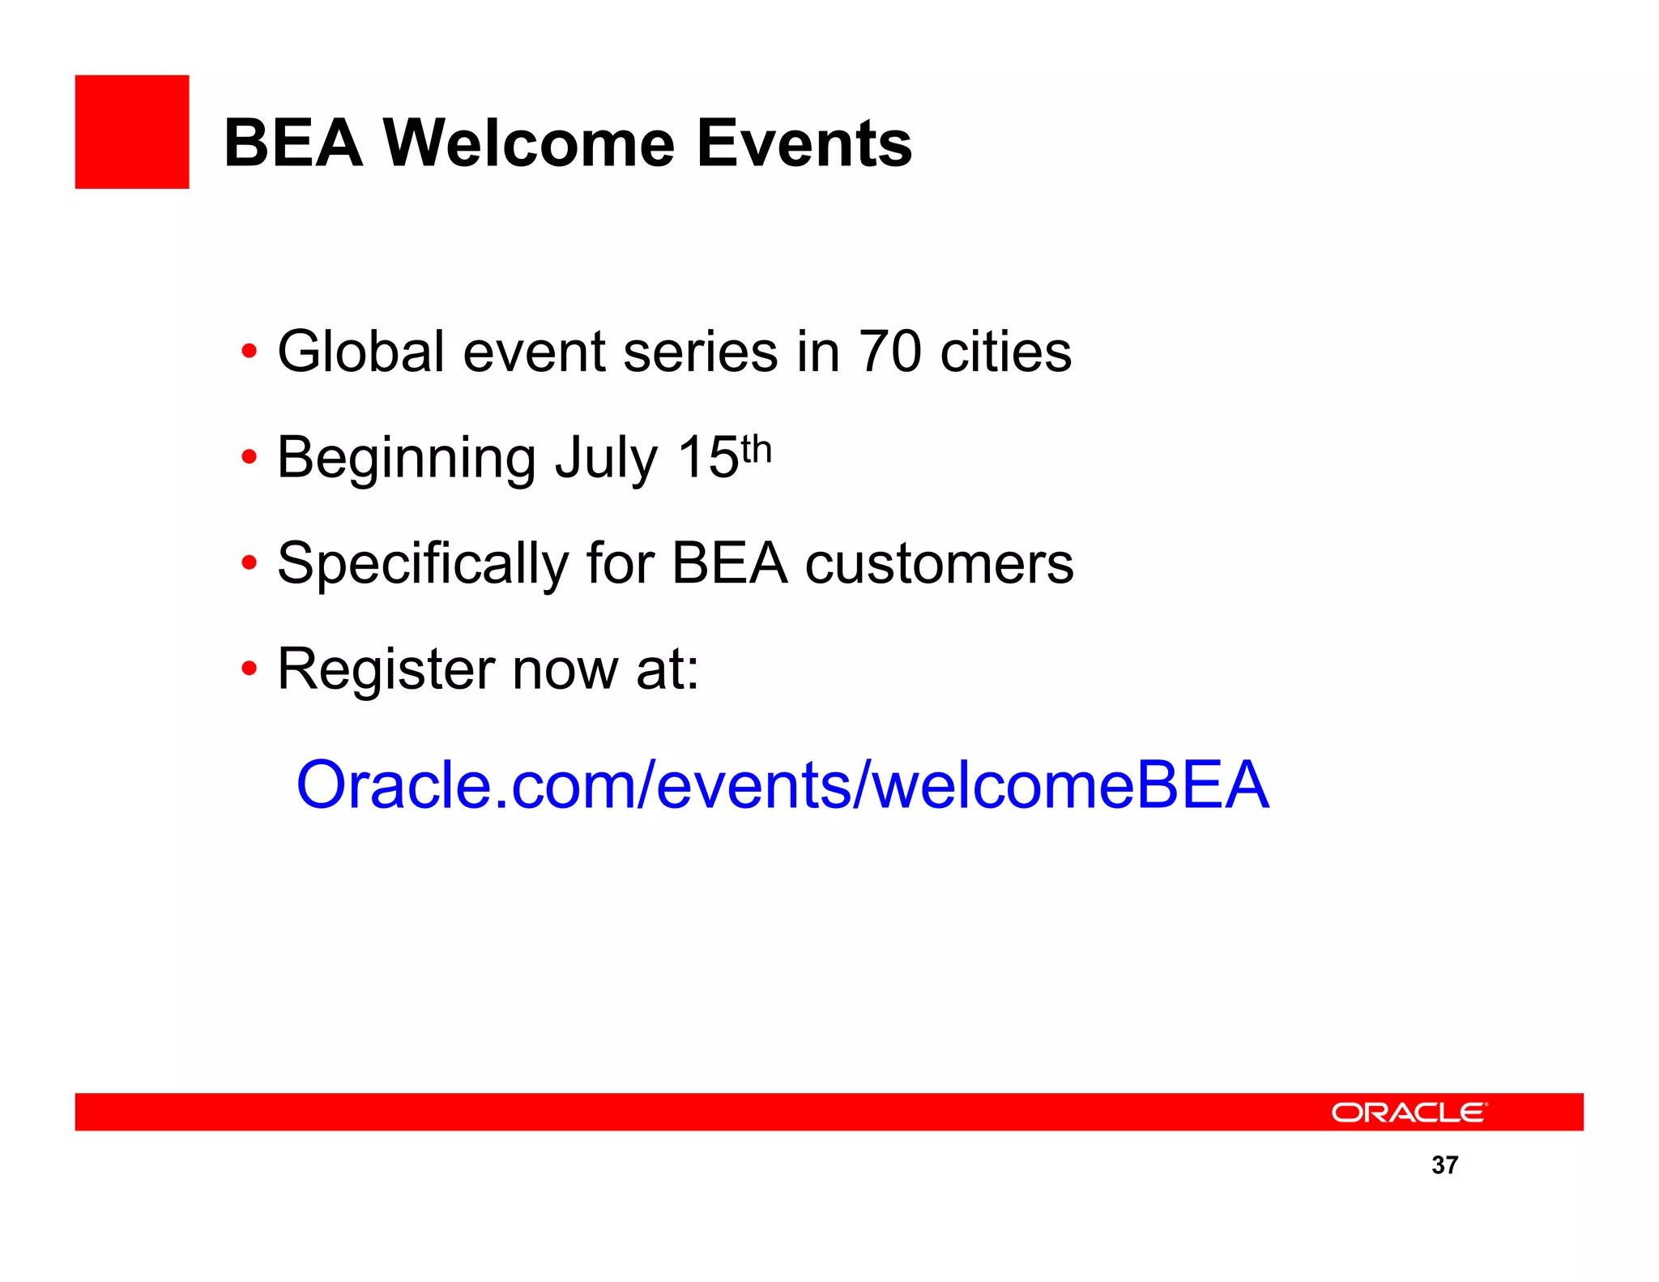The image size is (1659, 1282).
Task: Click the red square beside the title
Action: tap(132, 132)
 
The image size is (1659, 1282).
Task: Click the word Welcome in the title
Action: tap(528, 143)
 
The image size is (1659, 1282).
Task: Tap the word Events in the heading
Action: tap(804, 143)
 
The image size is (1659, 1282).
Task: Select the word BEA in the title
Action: tap(292, 143)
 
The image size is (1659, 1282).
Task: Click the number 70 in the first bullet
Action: tap(889, 352)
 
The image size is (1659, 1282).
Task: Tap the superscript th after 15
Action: tap(756, 449)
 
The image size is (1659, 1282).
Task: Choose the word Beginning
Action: tap(406, 459)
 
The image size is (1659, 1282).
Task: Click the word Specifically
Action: tap(423, 564)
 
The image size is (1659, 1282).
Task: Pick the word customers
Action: tap(939, 564)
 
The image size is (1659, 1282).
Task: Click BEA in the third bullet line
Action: tap(729, 564)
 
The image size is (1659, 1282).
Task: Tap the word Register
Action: tap(386, 670)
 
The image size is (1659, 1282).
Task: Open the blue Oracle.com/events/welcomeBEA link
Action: tap(783, 784)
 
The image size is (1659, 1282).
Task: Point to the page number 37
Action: tap(1444, 1164)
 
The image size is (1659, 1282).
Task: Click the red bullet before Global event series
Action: tap(249, 353)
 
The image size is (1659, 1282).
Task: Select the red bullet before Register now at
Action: tap(249, 669)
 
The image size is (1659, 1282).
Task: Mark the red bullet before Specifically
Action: tap(249, 562)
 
